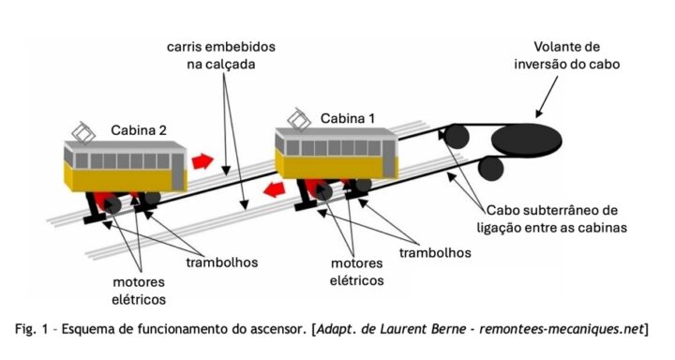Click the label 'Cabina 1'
(x=348, y=118)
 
